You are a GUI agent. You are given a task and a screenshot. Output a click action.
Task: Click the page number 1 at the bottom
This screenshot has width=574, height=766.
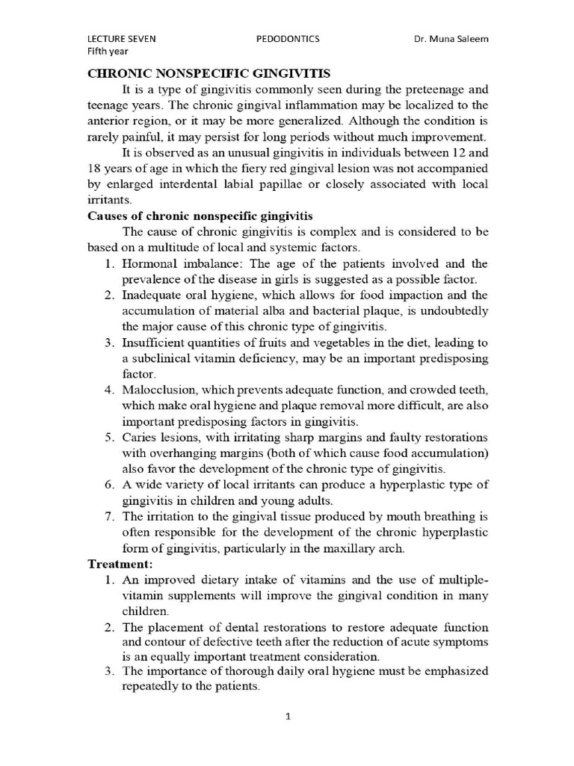point(287,717)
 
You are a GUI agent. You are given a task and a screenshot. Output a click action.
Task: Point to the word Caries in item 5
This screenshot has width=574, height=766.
point(140,437)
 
